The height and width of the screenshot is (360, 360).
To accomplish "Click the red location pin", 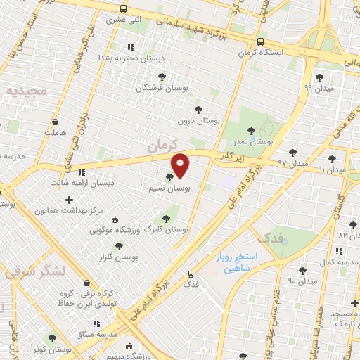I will [x=181, y=165].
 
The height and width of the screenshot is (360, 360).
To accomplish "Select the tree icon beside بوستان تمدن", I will [x=252, y=130].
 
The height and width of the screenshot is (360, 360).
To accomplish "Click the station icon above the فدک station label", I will [x=191, y=274].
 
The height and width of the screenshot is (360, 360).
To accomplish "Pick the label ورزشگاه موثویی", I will [x=117, y=229].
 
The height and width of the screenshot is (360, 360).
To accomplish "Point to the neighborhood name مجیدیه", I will [x=27, y=90].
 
